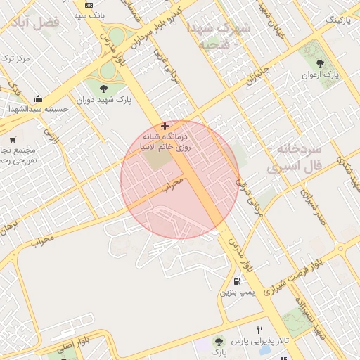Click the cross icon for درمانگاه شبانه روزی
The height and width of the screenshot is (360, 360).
tap(165, 126)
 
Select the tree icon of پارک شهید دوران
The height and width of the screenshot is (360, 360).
tap(104, 89)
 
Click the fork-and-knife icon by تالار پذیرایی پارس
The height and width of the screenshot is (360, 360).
tap(260, 330)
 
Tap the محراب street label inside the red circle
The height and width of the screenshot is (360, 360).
tap(172, 184)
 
